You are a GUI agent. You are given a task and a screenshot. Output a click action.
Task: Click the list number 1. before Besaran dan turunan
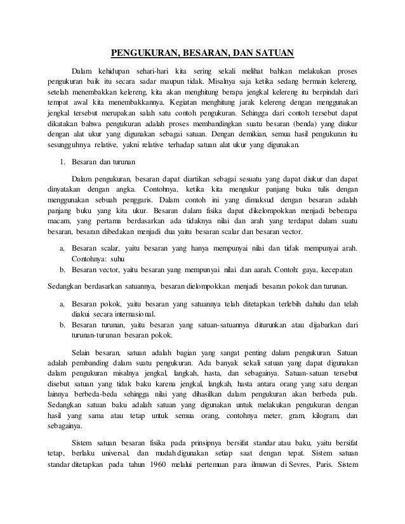click(62, 162)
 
